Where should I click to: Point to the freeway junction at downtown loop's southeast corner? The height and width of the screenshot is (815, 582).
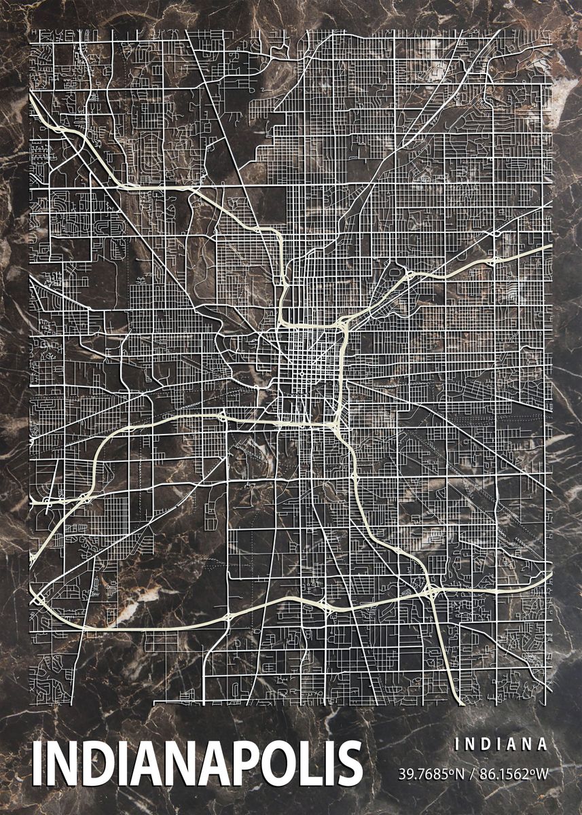coord(338,424)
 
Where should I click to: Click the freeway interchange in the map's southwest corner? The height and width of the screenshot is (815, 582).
coord(38,598)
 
